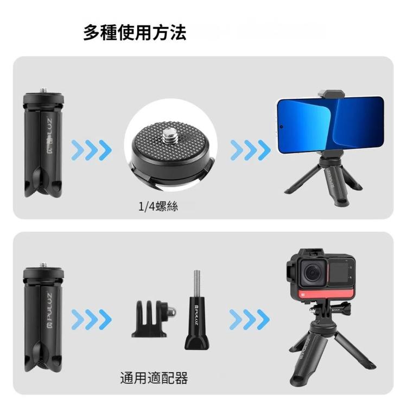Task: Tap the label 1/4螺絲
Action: click(x=158, y=207)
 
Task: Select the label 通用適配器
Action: click(x=154, y=378)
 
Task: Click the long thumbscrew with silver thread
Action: click(x=196, y=315)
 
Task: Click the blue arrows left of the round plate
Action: click(x=91, y=150)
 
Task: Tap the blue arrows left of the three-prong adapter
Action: click(x=91, y=319)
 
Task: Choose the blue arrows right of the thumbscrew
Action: click(x=250, y=319)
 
